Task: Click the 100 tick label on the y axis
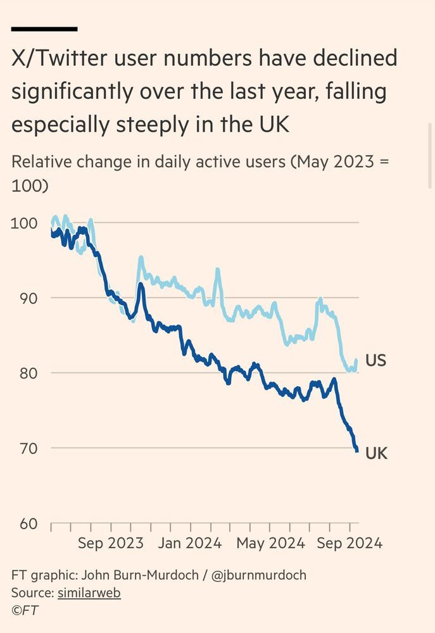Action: click(24, 223)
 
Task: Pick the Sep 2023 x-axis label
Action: click(111, 543)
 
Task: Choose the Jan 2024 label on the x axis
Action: click(190, 543)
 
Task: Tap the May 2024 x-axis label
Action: click(269, 543)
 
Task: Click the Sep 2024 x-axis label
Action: click(350, 543)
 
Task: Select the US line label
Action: click(375, 361)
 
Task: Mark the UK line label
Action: click(376, 453)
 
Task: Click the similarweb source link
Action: click(89, 593)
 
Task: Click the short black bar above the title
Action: click(44, 29)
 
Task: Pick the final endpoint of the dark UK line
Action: click(358, 451)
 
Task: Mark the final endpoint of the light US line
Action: click(357, 360)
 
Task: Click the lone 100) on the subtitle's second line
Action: click(30, 187)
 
